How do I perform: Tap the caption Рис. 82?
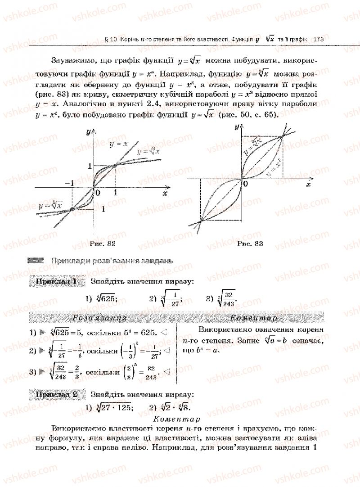pos(103,243)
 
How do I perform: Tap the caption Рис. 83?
pos(249,243)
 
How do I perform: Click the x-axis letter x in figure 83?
pos(309,184)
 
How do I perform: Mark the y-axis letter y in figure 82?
pos(88,132)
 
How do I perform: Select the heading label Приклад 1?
pos(56,282)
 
